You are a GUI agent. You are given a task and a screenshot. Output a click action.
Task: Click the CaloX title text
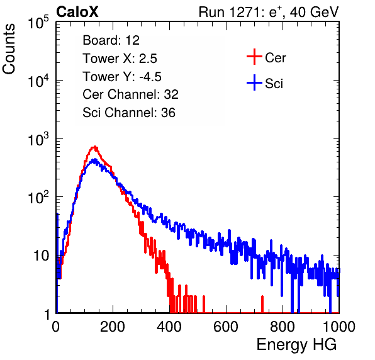pos(77,12)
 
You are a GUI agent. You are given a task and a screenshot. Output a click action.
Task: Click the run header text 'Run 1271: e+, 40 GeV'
pos(269,12)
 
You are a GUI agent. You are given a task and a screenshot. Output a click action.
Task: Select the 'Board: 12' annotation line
pos(111,40)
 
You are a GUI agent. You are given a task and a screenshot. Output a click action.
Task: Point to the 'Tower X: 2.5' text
pos(120,59)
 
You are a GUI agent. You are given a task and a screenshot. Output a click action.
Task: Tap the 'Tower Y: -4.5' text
pos(122,77)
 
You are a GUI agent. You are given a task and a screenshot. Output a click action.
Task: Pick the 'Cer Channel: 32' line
pos(131,94)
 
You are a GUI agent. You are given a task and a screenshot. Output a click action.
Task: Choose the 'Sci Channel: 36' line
pos(129,113)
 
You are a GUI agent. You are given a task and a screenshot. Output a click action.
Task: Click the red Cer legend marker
pos(254,57)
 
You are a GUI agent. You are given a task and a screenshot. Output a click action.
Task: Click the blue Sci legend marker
pos(254,83)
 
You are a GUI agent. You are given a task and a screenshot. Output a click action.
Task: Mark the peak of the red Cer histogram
pos(95,147)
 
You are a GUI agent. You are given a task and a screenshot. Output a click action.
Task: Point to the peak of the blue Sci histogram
pos(95,159)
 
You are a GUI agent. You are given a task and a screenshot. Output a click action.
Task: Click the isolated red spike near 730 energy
pos(262,304)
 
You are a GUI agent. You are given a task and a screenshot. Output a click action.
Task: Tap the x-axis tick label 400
pos(169,327)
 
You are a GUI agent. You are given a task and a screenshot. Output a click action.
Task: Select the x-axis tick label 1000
pos(339,327)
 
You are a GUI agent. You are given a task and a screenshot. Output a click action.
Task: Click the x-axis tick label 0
pos(56,327)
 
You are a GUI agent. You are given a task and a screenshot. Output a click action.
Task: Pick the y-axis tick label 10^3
pos(38,139)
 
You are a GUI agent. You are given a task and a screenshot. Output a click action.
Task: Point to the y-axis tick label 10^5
pos(38,23)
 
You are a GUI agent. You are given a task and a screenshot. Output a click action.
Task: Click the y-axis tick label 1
pos(47,314)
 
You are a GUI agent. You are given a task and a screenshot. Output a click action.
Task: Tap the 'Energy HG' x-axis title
pos(296,344)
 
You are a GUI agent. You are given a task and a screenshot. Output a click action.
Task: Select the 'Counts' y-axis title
pos(9,48)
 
